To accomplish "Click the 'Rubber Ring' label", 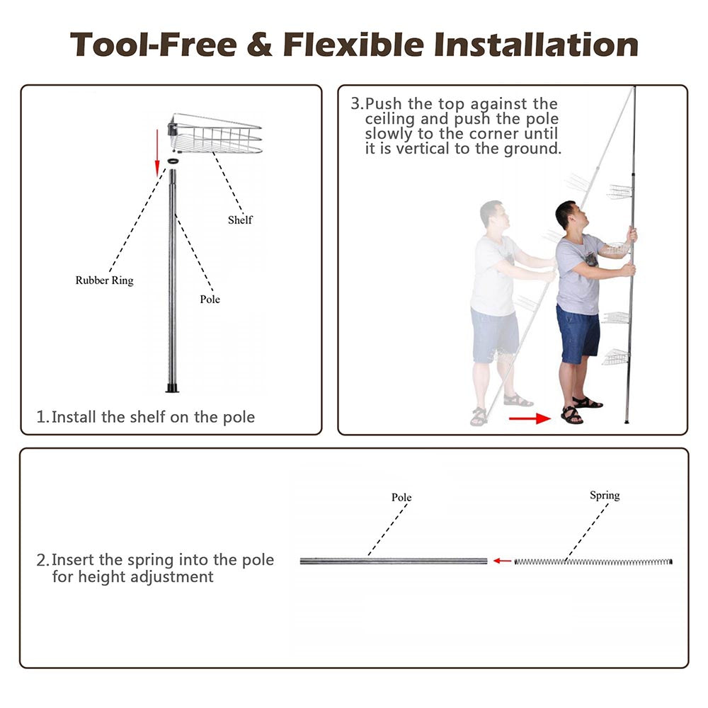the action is (104, 280).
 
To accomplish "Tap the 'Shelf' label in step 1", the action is (240, 220).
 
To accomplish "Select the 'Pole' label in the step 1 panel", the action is (210, 299).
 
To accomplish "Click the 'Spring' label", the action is (605, 496).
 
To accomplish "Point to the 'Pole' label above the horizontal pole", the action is (401, 497).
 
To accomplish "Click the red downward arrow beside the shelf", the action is (157, 153).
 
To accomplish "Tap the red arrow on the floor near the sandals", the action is (530, 418).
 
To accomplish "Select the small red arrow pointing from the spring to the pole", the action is (502, 561).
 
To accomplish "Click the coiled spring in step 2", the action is (593, 561).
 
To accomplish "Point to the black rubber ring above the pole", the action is (173, 161).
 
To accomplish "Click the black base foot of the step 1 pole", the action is (173, 388).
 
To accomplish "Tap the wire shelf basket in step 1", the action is (215, 133).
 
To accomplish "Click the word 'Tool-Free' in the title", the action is (154, 45).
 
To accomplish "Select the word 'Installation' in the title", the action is (536, 45).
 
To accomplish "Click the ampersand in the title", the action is (260, 45).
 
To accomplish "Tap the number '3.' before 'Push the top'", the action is (357, 103).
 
